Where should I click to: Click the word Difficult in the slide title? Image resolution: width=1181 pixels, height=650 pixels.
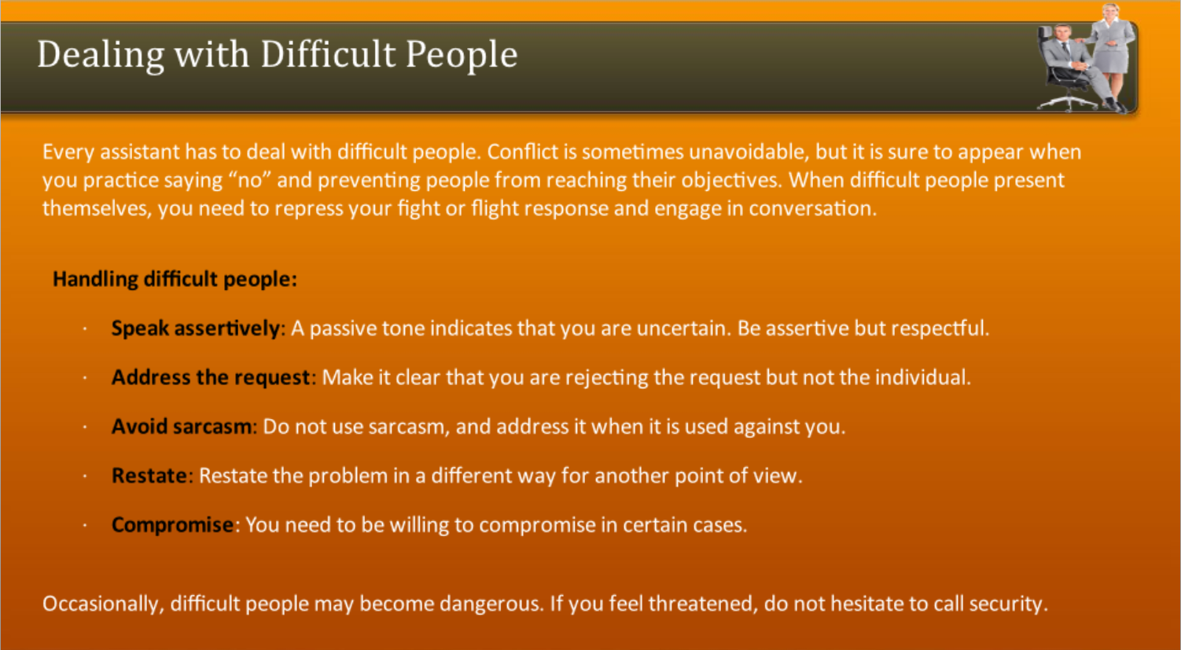328,55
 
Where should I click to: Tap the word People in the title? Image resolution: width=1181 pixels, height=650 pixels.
462,55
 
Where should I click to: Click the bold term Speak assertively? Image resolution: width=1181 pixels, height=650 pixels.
195,328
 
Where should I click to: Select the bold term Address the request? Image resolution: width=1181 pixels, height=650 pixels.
211,377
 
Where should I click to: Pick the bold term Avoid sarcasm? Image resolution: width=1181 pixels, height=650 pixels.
182,427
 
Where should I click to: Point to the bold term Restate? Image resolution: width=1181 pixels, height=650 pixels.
149,476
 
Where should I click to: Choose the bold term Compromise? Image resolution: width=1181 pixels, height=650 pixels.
172,525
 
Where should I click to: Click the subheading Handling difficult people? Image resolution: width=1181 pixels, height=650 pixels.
175,279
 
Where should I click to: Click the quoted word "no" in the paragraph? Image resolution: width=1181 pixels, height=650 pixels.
249,180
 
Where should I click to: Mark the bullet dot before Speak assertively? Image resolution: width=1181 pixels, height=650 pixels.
84,329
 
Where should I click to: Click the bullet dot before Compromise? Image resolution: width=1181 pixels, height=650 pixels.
84,526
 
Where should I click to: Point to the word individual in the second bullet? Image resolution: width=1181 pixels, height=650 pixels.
922,377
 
